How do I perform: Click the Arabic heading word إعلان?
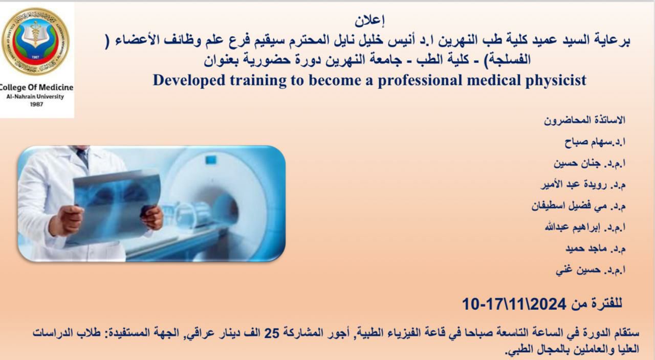click(369, 21)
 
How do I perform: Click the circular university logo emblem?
click(35, 41)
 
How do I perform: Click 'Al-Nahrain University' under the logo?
click(35, 97)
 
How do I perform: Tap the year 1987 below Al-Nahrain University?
click(36, 104)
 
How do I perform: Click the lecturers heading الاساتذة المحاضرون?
click(584, 121)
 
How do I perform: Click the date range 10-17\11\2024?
click(514, 304)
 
